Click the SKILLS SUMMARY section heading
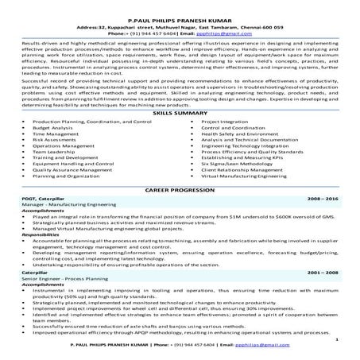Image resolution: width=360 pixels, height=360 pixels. point(180,114)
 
